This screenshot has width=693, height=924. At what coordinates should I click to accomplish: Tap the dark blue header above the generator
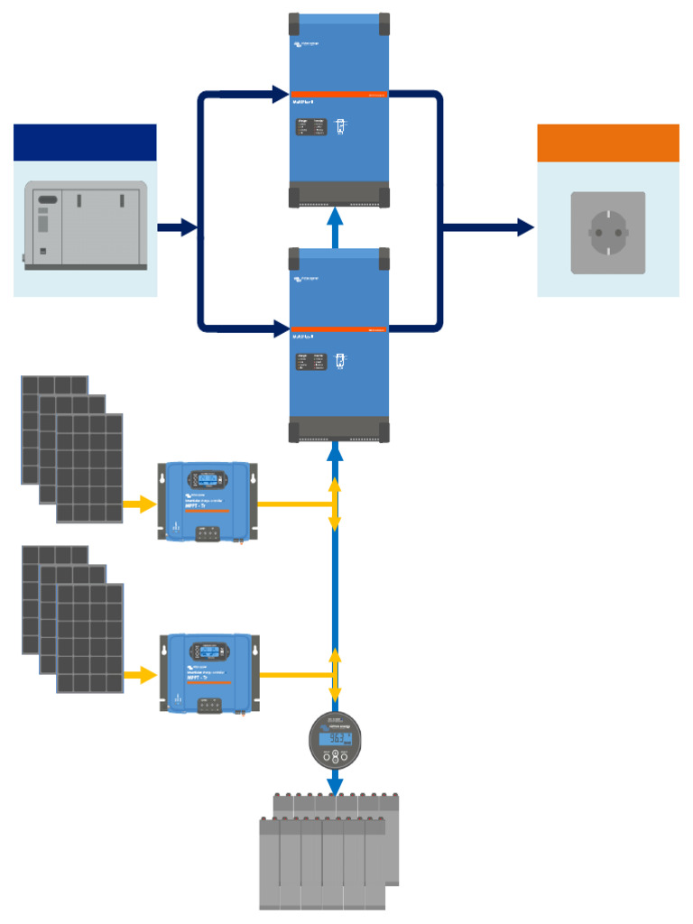pyautogui.click(x=85, y=143)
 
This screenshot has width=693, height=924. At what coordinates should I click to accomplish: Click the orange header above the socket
pyautogui.click(x=607, y=143)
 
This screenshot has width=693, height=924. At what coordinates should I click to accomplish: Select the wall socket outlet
pyautogui.click(x=607, y=232)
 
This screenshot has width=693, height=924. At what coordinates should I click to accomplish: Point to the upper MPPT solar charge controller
pyautogui.click(x=207, y=501)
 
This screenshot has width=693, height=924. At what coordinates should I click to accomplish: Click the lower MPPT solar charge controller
pyautogui.click(x=207, y=673)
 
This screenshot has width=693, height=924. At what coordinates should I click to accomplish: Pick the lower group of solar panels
pyautogui.click(x=72, y=619)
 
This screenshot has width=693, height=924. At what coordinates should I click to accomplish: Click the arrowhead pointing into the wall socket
pyautogui.click(x=524, y=227)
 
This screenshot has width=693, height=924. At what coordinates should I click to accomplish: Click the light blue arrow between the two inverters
pyautogui.click(x=335, y=226)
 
